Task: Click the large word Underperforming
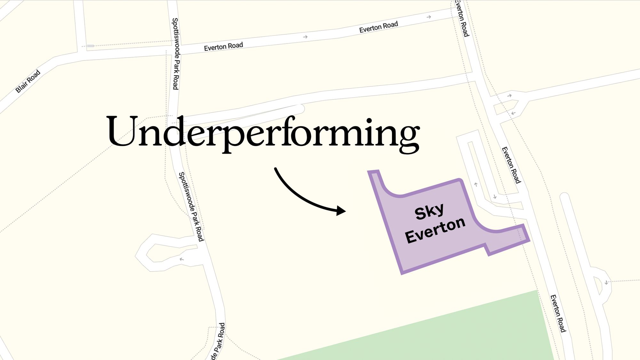click(x=263, y=133)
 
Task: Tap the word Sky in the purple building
click(x=429, y=212)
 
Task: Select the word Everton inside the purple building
click(x=435, y=230)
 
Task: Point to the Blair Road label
click(x=28, y=81)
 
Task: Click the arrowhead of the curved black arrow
click(x=342, y=211)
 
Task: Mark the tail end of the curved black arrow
click(x=275, y=168)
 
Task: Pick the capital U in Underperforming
click(x=122, y=131)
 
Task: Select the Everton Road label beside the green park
click(x=558, y=313)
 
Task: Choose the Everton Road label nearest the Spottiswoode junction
click(x=223, y=47)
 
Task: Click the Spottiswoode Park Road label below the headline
click(x=191, y=206)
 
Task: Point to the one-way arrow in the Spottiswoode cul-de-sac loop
click(x=182, y=259)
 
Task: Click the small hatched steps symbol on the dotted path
click(x=91, y=46)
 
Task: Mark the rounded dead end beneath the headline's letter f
click(x=299, y=109)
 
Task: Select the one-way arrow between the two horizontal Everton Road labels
click(x=305, y=37)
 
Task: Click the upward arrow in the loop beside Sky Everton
click(x=476, y=185)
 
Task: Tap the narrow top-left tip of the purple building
click(x=373, y=173)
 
